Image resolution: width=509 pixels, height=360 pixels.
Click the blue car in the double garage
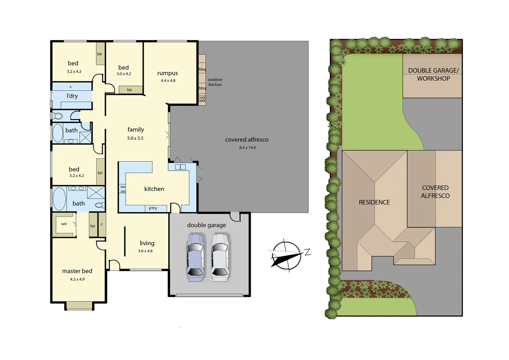(195, 257)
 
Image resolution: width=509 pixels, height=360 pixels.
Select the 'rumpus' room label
(168, 73)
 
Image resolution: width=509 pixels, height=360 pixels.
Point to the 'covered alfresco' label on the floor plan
(247, 140)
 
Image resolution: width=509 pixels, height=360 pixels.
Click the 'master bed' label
(77, 271)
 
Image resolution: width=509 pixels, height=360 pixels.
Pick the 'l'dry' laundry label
(72, 96)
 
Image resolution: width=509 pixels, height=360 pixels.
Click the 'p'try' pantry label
(153, 208)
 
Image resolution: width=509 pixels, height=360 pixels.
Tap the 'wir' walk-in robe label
(64, 224)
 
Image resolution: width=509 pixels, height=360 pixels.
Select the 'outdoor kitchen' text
(215, 82)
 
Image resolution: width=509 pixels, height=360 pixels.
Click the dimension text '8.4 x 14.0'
(248, 148)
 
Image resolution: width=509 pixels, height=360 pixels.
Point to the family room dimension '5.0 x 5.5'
(135, 138)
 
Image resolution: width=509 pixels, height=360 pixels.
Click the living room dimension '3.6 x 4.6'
(145, 251)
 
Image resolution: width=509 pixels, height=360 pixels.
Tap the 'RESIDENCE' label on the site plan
(374, 202)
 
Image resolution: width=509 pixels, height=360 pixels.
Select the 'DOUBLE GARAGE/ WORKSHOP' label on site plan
(433, 75)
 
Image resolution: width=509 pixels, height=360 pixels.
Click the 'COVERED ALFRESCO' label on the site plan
(435, 192)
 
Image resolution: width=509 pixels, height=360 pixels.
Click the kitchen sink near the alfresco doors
(180, 167)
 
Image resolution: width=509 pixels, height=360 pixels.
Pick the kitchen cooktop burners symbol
(123, 189)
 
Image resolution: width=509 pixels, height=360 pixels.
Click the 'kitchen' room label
(154, 189)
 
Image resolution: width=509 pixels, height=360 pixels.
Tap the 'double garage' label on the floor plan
(206, 225)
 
